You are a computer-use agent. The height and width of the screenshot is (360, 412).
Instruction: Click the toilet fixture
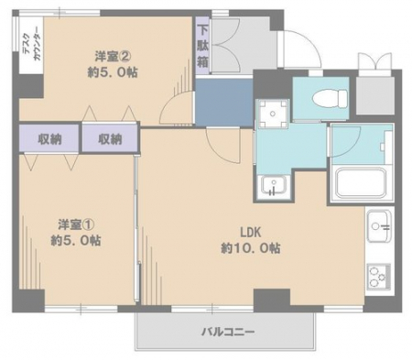coord(331,98)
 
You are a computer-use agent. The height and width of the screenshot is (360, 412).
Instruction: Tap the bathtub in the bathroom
coord(361,182)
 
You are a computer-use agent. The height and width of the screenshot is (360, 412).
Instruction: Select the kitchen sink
coord(379,226)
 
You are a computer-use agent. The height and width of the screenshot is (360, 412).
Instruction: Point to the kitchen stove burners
coord(378,277)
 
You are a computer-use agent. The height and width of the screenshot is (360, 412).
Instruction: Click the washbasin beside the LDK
coord(274,185)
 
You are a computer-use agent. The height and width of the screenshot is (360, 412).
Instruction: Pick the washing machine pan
coord(273,114)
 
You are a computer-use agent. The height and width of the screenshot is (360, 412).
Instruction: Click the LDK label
coord(251,233)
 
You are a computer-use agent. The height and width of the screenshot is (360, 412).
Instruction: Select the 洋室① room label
coord(76,225)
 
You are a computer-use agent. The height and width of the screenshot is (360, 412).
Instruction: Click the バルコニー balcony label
coord(228,332)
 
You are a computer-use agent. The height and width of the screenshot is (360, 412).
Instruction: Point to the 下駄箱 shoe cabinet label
coord(202,47)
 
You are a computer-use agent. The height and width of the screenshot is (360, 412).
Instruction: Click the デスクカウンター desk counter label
coord(31,44)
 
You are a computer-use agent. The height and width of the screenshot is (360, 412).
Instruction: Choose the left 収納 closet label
coord(49,139)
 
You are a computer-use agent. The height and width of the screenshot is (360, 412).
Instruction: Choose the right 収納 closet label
coord(110,139)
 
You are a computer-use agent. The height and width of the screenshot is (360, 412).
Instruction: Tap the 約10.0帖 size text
coord(251,248)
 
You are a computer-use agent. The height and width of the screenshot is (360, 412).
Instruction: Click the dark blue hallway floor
coord(224,102)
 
